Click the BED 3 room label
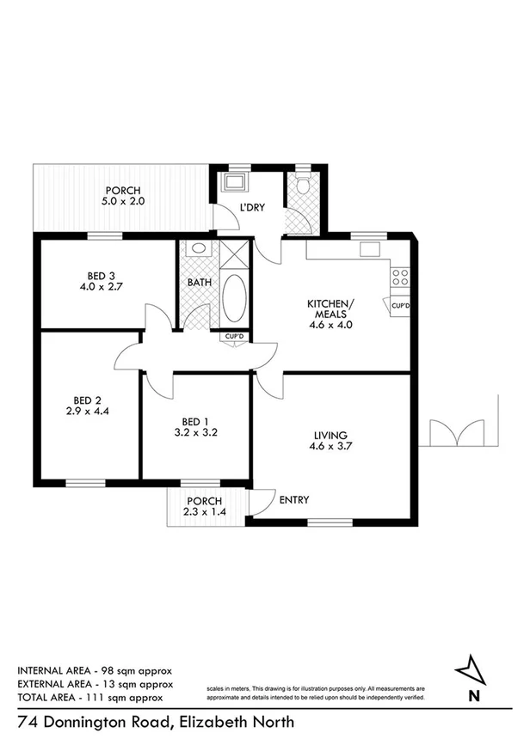(x=96, y=276)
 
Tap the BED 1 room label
(x=195, y=421)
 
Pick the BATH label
(x=198, y=281)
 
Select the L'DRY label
(x=251, y=208)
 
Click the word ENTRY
(x=294, y=500)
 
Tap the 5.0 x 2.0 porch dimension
(x=123, y=203)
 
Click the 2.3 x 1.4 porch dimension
(x=204, y=512)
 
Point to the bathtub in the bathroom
(x=234, y=297)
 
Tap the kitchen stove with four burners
(x=399, y=277)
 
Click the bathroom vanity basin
(x=199, y=249)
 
